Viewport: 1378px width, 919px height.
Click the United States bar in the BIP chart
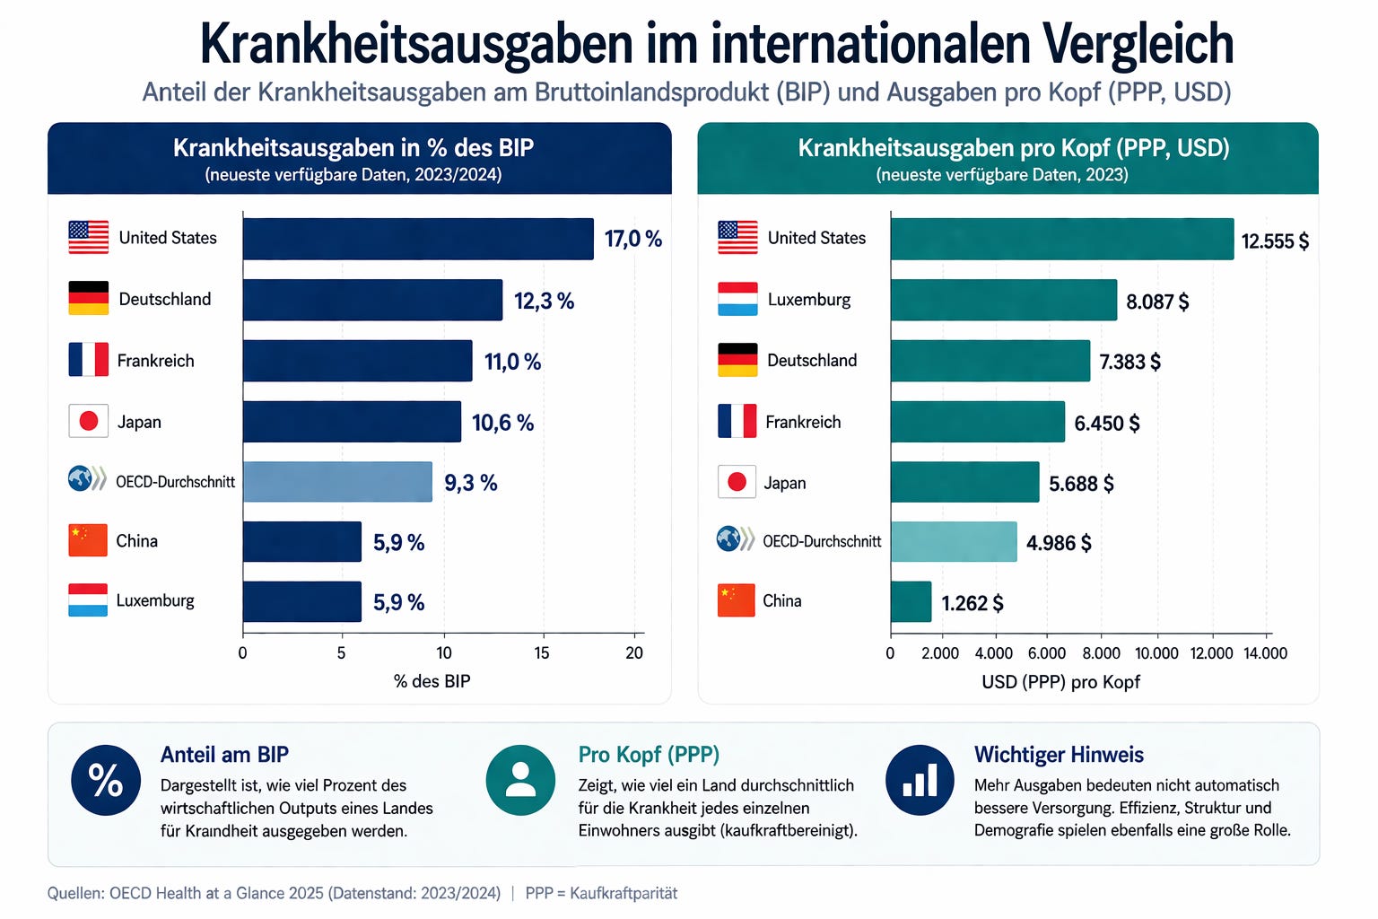(418, 239)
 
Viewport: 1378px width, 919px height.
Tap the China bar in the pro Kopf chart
(911, 601)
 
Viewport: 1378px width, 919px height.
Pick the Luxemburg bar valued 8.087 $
(1004, 300)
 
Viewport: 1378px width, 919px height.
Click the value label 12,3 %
(544, 301)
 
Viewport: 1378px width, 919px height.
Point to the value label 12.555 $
(1275, 241)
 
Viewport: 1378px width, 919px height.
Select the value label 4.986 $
(1059, 543)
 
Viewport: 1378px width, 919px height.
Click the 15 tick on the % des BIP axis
(541, 653)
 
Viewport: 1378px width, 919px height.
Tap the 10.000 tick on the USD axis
(1156, 653)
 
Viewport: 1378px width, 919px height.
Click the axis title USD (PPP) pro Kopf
(1060, 682)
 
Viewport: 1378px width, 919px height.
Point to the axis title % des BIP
(432, 681)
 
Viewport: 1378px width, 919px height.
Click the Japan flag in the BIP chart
(89, 421)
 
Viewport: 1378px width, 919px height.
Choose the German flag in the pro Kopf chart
(737, 360)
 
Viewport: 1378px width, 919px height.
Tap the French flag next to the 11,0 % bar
(89, 360)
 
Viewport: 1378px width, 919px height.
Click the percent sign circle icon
(106, 780)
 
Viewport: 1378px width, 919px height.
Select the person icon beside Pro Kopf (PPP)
(520, 780)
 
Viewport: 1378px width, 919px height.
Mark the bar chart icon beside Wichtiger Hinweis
(920, 780)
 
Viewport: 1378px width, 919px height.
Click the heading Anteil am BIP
(224, 755)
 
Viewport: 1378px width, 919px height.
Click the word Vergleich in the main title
(1138, 44)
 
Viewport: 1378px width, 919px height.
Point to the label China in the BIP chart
(136, 541)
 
